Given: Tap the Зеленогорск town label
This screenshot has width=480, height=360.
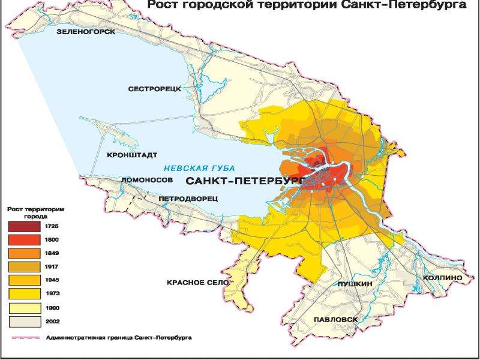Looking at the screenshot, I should tap(85, 31).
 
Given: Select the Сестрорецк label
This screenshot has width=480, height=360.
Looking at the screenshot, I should tap(154, 89).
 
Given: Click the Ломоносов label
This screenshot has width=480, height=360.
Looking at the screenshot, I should tap(146, 179).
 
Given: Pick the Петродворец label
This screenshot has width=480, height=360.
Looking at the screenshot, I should tap(188, 197).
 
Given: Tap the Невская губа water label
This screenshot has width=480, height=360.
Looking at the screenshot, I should tap(199, 168).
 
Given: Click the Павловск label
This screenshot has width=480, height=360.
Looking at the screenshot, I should tap(335, 320).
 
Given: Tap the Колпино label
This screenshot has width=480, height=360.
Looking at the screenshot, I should tap(442, 278).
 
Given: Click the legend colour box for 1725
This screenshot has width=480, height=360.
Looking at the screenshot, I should tap(23, 226).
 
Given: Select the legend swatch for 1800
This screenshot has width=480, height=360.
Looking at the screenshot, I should tap(23, 239).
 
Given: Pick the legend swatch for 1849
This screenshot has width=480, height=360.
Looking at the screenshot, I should tap(23, 253).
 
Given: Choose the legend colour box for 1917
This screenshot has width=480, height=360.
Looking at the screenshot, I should tap(23, 266).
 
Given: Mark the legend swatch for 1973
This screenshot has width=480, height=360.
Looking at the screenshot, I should tap(23, 293).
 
